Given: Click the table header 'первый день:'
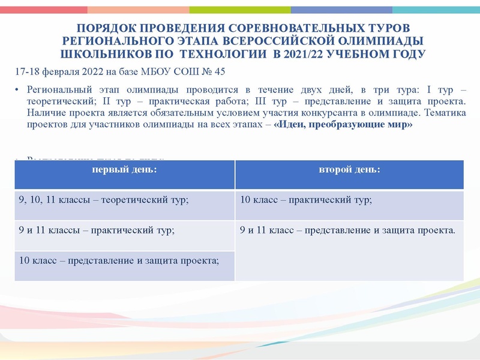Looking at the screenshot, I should click(124, 170).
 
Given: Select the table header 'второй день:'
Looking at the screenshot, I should click(349, 170).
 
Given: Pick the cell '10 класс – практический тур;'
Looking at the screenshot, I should click(305, 200).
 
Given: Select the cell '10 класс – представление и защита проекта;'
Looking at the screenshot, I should click(119, 260).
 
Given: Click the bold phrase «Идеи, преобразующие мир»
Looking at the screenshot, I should click(344, 124).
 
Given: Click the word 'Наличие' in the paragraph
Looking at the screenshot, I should click(46, 113).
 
